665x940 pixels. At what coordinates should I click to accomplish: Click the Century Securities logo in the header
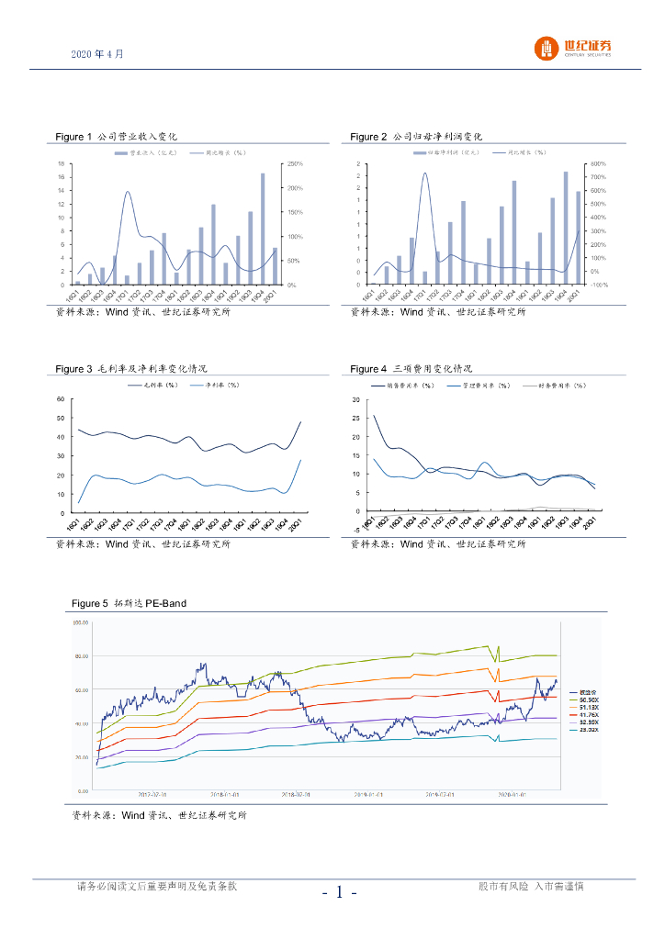coord(574,49)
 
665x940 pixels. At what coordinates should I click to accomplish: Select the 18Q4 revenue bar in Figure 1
coord(213,244)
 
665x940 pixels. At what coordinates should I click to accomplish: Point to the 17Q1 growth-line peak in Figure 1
coord(127,192)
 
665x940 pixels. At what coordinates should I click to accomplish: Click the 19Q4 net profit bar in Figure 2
coord(565,224)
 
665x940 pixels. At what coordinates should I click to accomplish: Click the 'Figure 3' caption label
coord(74,369)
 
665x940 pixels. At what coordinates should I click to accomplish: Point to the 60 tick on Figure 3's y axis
coord(61,399)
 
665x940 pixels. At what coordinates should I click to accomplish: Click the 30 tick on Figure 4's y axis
coord(356,400)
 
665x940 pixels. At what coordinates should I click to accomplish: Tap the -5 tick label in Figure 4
coord(355,530)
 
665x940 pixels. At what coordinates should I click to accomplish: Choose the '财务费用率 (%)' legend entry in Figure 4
coord(562,386)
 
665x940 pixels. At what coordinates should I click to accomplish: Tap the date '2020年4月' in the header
coord(96,54)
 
